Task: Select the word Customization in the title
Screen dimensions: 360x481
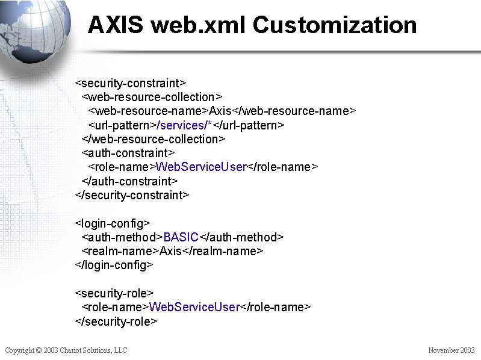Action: pos(335,25)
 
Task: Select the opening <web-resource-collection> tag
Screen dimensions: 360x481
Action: pos(152,97)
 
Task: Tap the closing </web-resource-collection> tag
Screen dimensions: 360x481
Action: pos(154,139)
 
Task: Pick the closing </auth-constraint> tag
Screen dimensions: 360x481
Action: pos(129,181)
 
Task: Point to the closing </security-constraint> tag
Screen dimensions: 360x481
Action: pos(132,195)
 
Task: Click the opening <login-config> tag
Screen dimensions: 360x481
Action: pos(112,223)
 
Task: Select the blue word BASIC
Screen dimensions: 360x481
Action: pos(181,237)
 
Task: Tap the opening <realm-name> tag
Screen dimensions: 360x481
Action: pos(120,251)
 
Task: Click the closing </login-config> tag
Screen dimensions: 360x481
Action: pos(114,265)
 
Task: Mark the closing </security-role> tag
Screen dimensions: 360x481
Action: pos(116,321)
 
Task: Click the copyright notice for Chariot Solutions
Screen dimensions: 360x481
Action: pos(66,350)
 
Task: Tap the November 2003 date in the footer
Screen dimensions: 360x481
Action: pos(451,350)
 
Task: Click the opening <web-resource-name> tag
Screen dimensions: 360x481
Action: pos(148,111)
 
